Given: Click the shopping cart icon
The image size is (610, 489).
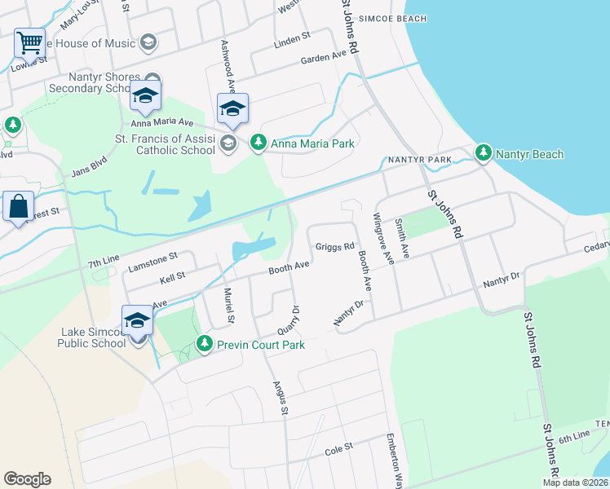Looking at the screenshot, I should coord(29,42).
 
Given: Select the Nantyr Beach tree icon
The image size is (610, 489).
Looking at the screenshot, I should coord(484,152).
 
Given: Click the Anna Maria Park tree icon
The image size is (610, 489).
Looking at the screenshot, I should coord(259,143).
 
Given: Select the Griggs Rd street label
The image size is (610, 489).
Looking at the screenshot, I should coord(335,245).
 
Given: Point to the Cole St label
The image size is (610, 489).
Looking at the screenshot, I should coord(338,447).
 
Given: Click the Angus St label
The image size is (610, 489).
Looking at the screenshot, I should coord(279,398).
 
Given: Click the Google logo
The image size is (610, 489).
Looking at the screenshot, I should coord(27,479).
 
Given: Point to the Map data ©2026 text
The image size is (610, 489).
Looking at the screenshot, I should coord(575,482).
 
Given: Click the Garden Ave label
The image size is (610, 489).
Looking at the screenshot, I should coord(324,57).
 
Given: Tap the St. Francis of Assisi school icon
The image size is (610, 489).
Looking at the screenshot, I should coord(228,143).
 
